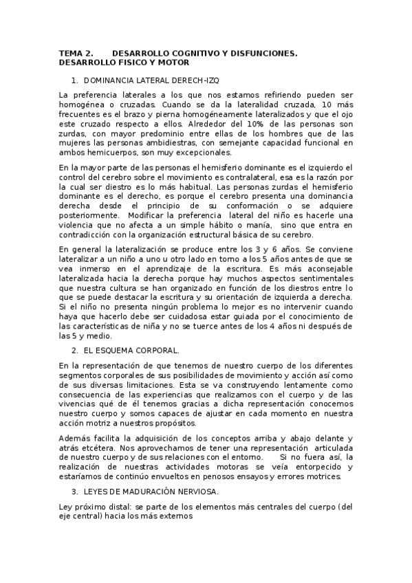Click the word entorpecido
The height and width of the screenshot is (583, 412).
coord(322,467)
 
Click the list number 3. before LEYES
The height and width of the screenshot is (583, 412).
coord(74,492)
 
